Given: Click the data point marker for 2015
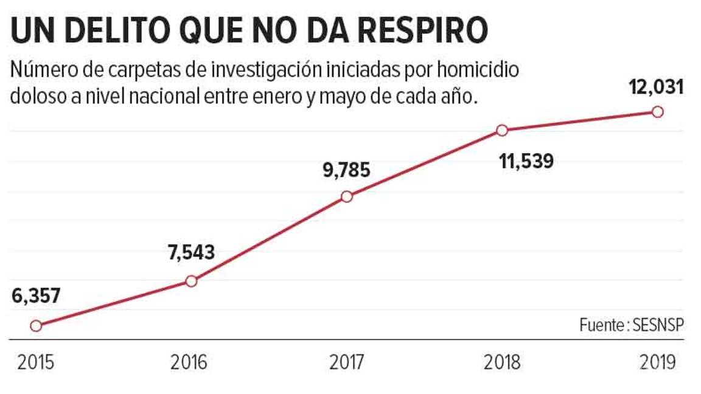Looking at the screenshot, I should click(36, 326).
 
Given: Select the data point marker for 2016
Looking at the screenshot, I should click(191, 281).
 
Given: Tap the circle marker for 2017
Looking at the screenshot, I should click(347, 196).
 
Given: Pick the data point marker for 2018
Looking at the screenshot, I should click(502, 130).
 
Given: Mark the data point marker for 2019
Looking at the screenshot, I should click(657, 112).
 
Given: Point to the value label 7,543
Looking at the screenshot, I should click(191, 252).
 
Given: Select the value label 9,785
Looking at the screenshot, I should click(346, 170).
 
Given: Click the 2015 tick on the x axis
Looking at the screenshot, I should click(36, 363).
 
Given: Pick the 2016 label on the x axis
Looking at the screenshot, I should click(189, 363).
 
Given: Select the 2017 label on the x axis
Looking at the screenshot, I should click(347, 363).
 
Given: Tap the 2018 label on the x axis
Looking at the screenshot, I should click(503, 363).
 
